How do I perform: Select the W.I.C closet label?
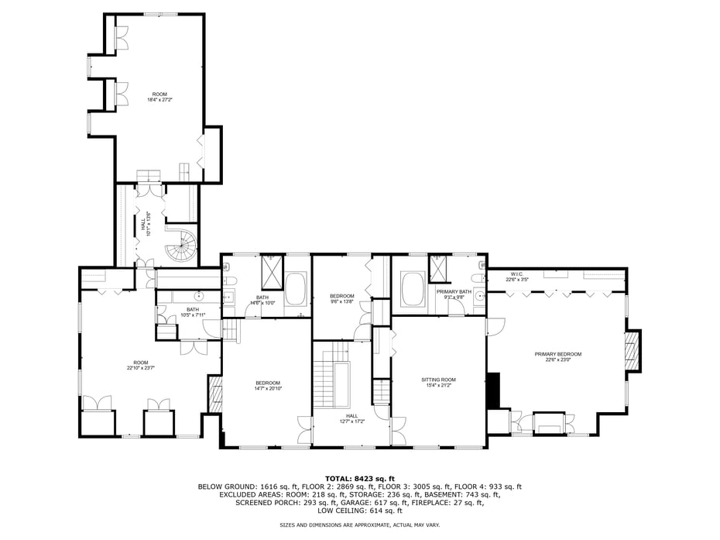tap(516, 277)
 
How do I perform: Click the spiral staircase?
tap(183, 246)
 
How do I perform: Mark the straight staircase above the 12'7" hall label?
tap(331, 385)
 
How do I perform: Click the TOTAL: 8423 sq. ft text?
tap(360, 478)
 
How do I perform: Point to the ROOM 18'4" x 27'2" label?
tap(159, 97)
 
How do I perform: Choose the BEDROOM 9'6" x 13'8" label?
tap(341, 298)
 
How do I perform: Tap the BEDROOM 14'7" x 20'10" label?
tap(268, 385)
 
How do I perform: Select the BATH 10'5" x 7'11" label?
tap(192, 312)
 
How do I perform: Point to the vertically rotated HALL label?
tap(145, 224)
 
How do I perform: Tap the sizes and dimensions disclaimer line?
tap(360, 525)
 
